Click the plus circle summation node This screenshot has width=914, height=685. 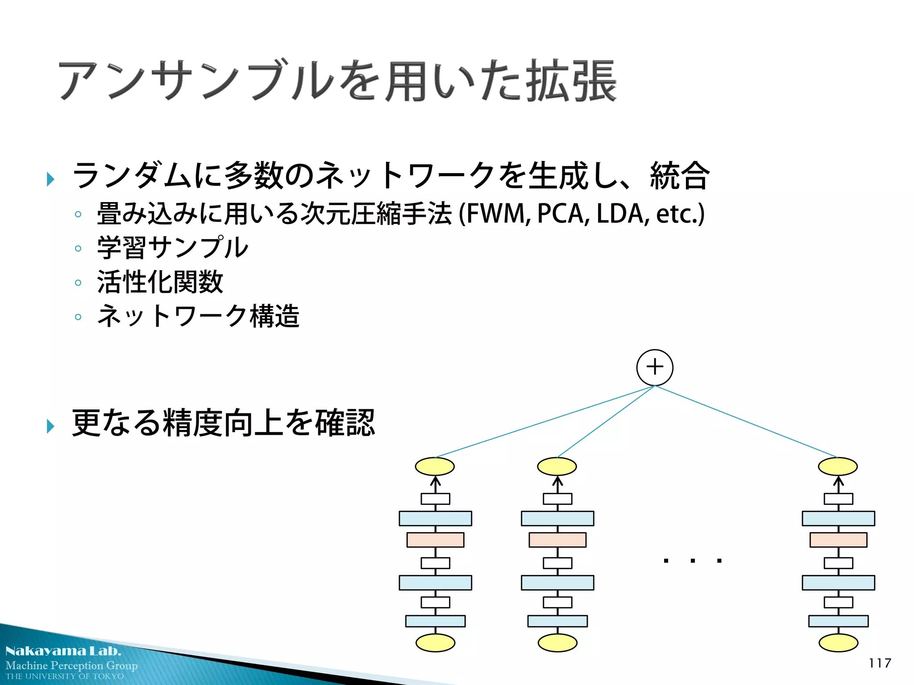[655, 367]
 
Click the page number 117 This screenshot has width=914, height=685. [880, 663]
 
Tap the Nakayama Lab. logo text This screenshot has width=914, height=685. [63, 651]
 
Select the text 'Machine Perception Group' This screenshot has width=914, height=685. [71, 665]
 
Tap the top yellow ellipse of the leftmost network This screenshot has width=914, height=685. [435, 466]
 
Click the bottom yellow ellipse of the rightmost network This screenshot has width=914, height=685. [838, 643]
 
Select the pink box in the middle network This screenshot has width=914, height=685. [557, 540]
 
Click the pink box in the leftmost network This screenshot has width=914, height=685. [435, 540]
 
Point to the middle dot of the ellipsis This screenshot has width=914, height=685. [693, 561]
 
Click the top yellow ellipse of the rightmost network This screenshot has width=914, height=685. [838, 466]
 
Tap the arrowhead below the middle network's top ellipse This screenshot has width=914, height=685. [557, 481]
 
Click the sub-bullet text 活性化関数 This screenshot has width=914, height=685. [160, 282]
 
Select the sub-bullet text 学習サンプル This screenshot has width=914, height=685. [172, 248]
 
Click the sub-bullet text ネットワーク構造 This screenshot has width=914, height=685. [198, 316]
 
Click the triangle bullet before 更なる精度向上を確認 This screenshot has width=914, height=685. [50, 426]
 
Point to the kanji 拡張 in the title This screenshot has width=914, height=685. [571, 81]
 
